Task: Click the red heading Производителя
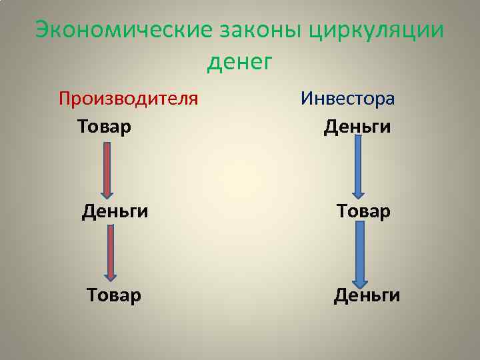click(x=128, y=99)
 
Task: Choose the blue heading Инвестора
click(x=347, y=99)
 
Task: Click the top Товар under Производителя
click(x=104, y=125)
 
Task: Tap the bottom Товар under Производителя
click(x=114, y=294)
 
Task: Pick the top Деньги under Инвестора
click(x=357, y=126)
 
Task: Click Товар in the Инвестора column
click(x=363, y=211)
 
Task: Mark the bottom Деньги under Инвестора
click(x=367, y=294)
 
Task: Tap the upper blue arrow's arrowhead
click(x=358, y=192)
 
